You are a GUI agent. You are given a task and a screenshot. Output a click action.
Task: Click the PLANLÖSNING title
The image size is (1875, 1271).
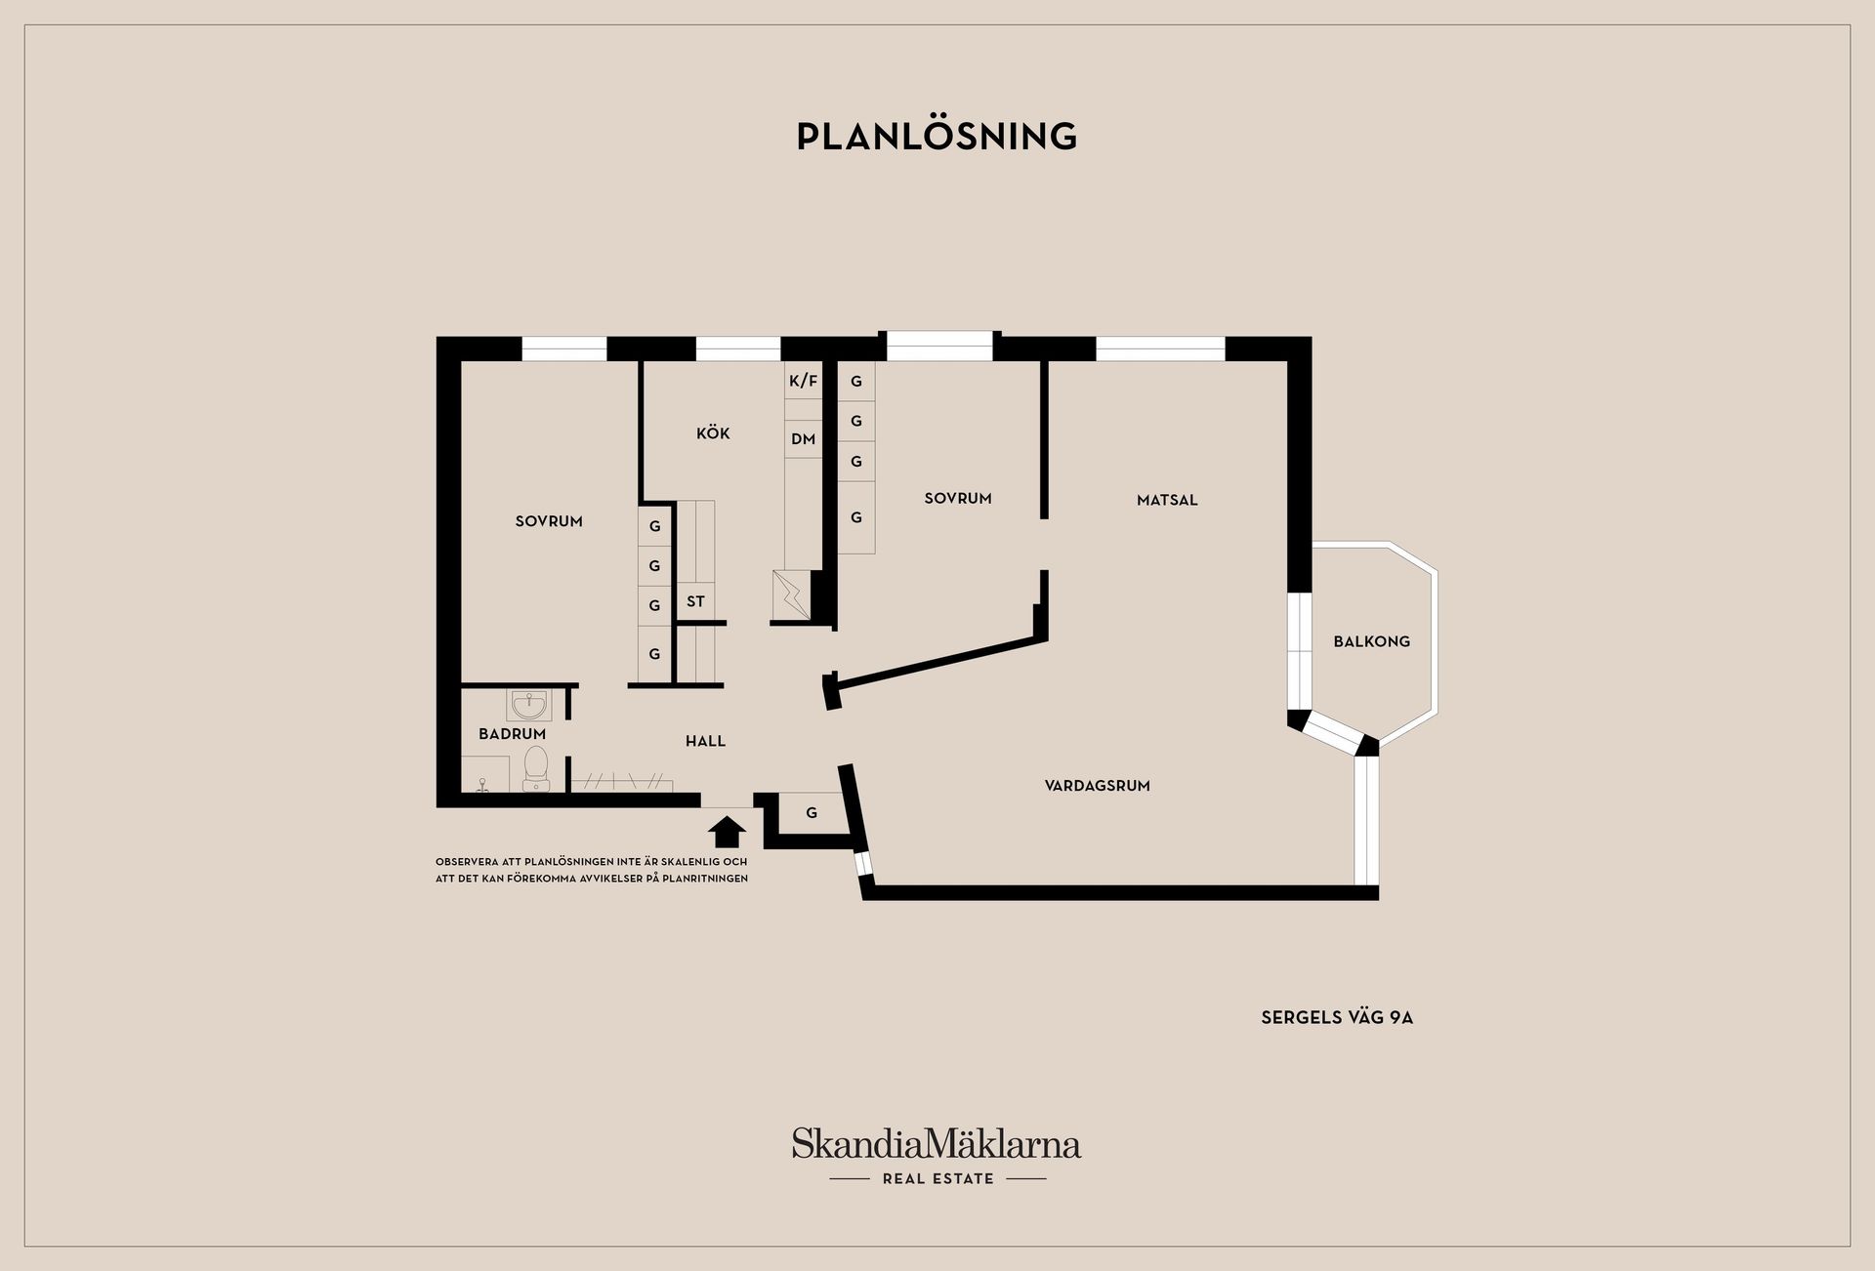(937, 136)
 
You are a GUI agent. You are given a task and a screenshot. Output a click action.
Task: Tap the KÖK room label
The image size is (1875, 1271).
(713, 432)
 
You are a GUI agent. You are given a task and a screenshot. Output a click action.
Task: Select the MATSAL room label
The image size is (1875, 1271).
(1167, 500)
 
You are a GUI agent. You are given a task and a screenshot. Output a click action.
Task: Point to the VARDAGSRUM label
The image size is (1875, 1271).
(1097, 785)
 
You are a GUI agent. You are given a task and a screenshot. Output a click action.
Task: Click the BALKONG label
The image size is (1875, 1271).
(1371, 641)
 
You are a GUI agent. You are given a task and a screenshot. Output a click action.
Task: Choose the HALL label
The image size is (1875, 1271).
(705, 741)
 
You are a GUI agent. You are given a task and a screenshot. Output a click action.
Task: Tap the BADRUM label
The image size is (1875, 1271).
(512, 733)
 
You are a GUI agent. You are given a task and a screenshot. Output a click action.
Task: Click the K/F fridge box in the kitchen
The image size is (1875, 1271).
(803, 381)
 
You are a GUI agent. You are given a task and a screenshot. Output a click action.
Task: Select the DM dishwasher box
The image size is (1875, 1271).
(803, 439)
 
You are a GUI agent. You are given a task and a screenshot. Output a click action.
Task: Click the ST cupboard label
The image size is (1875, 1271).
(695, 601)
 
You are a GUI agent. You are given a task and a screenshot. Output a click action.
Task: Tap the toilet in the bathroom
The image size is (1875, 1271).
(536, 768)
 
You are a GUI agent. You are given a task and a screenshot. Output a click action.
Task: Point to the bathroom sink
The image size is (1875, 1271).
(529, 704)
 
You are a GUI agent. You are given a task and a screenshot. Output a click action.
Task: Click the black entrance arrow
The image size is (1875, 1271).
(727, 831)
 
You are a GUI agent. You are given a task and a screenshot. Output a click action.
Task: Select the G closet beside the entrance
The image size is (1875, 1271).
(811, 812)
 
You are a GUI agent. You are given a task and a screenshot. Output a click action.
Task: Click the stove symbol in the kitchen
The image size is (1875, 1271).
(790, 594)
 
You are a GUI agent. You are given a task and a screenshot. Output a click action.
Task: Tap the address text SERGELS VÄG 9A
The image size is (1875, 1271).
(1337, 1017)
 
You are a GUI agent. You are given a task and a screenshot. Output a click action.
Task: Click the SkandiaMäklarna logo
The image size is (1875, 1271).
(937, 1143)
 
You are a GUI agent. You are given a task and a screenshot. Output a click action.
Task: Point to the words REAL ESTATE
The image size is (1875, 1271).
(937, 1178)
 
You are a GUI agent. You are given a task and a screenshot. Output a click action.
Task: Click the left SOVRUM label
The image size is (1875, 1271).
(549, 521)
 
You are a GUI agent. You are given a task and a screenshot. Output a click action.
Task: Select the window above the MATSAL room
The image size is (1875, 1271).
(1160, 348)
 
